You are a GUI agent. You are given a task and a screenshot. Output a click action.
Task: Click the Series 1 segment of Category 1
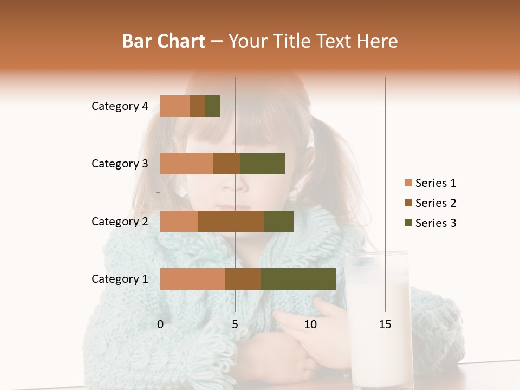(x=192, y=279)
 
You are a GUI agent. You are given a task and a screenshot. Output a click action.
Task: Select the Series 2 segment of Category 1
(x=243, y=279)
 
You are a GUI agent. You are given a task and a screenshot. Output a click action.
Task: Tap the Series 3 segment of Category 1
(x=298, y=279)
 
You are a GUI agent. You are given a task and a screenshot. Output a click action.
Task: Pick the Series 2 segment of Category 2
(x=231, y=221)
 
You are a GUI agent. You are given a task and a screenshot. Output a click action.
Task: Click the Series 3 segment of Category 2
(x=278, y=221)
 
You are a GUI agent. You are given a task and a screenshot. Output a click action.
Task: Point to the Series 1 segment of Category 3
(x=186, y=164)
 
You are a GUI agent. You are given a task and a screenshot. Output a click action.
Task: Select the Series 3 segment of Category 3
(x=262, y=164)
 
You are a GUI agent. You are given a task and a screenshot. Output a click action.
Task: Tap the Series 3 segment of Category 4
(x=213, y=106)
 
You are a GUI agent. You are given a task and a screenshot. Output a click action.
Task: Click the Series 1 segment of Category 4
(x=175, y=106)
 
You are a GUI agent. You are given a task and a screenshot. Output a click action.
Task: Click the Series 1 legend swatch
(x=408, y=183)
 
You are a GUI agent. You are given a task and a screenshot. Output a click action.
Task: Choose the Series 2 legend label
(x=435, y=203)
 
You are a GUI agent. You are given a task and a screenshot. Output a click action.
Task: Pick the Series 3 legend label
(x=435, y=223)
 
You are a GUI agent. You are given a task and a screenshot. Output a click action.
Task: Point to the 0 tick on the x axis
(x=160, y=324)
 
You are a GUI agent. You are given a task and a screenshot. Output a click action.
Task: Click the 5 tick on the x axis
(x=235, y=324)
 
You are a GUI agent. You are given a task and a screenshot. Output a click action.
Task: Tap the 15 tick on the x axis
(x=385, y=324)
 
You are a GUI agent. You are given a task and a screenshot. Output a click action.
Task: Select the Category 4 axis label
(x=120, y=106)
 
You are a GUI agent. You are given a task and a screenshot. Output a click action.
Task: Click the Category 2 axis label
(x=120, y=221)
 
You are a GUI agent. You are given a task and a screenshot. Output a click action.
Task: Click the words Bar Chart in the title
(x=164, y=41)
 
